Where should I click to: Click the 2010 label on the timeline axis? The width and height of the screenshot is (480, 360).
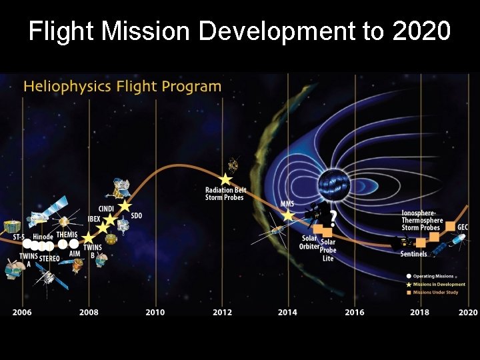click(x=155, y=312)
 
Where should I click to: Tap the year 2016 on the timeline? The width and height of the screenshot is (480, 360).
click(x=355, y=312)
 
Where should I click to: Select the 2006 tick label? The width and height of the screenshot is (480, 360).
click(x=22, y=312)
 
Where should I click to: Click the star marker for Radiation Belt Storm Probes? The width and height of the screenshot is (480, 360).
click(x=225, y=179)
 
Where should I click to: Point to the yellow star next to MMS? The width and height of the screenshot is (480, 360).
click(x=287, y=215)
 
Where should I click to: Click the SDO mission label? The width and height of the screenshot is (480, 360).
click(x=136, y=215)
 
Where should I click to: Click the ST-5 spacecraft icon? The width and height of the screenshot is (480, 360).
click(x=11, y=227)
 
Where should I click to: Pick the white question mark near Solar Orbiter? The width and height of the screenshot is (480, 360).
click(x=333, y=217)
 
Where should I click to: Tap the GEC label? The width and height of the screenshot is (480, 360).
click(x=463, y=227)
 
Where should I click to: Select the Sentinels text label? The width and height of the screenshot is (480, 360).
click(x=413, y=254)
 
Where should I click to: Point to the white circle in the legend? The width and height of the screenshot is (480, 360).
click(x=408, y=276)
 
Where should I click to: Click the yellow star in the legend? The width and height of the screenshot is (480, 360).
click(x=408, y=285)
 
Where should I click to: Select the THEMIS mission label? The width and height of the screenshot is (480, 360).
click(x=67, y=235)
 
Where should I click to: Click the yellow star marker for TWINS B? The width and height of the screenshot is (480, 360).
click(x=88, y=239)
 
